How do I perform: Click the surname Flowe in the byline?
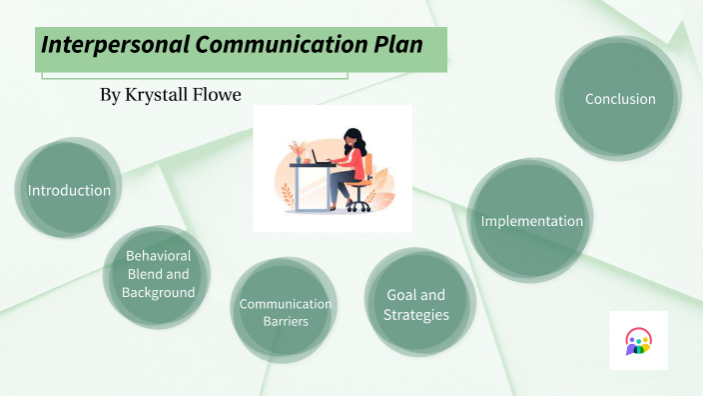pyautogui.click(x=219, y=94)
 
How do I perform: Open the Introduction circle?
pyautogui.click(x=69, y=190)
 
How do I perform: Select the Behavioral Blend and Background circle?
pyautogui.click(x=158, y=274)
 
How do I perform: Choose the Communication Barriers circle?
pyautogui.click(x=286, y=312)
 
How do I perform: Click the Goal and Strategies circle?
pyautogui.click(x=415, y=304)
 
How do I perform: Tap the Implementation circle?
pyautogui.click(x=531, y=221)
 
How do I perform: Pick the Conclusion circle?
pyautogui.click(x=620, y=99)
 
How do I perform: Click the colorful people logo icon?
pyautogui.click(x=638, y=341)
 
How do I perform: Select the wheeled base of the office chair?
pyautogui.click(x=358, y=205)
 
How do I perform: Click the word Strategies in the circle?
pyautogui.click(x=415, y=314)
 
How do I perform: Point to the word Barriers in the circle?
pyautogui.click(x=286, y=322)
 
